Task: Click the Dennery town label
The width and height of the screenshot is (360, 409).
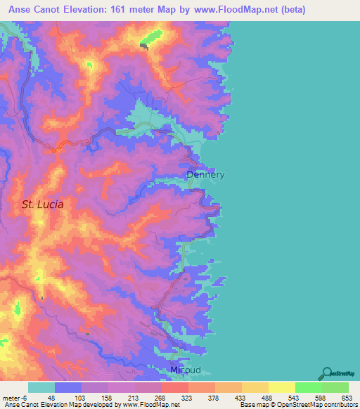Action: point(205,174)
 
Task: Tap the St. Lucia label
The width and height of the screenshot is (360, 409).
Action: point(42,204)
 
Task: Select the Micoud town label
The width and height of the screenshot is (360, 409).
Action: point(186,370)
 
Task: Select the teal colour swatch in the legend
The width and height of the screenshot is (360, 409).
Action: point(41,387)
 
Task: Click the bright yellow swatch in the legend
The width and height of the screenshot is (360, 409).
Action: point(281,387)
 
